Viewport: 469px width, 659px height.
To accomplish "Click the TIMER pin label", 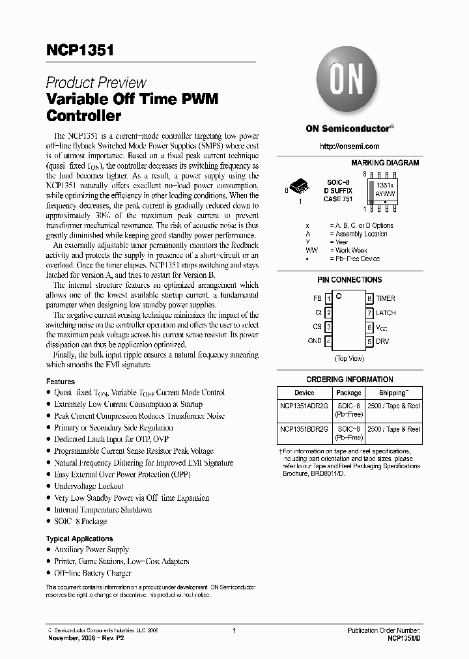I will coord(385,298).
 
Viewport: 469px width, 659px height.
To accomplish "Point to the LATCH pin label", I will coord(386,313).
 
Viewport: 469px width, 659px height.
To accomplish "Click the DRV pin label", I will coord(383,341).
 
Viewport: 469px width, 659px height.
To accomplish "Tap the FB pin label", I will coord(317,298).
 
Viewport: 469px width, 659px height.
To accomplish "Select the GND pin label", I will coord(315,341).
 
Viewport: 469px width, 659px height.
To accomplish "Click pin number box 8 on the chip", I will coord(369,298).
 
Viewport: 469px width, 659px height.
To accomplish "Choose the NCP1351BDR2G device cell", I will coord(304,430).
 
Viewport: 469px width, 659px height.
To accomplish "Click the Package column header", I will coord(348,393).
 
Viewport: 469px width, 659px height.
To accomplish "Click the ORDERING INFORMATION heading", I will coord(350,379).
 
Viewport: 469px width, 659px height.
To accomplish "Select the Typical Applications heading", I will coord(79,539).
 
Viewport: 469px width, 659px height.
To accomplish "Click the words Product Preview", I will coord(96,83).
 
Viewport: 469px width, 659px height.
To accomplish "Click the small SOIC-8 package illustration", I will coord(300,187).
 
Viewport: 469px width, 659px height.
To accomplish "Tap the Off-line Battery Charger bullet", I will coord(92,573).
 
